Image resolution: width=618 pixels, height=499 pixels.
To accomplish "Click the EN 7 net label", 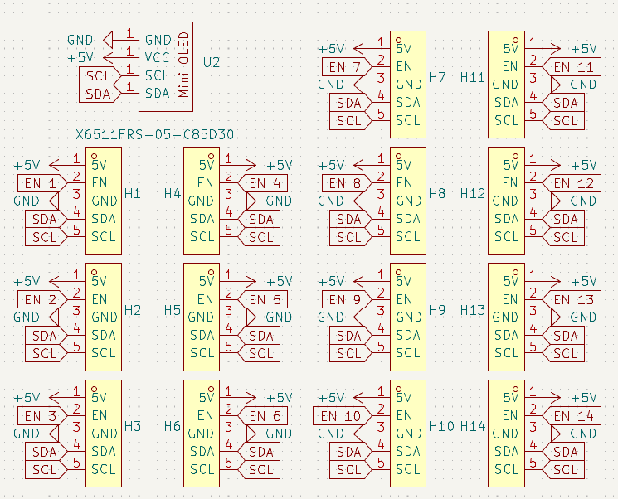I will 345,66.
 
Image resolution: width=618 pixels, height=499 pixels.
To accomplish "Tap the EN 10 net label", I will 341,415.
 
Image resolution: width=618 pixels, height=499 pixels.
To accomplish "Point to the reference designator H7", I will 438,78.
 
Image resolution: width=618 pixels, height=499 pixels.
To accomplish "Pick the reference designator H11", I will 472,78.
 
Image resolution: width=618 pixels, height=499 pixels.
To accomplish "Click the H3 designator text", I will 133,426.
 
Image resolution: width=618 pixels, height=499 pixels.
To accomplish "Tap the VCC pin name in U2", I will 157,57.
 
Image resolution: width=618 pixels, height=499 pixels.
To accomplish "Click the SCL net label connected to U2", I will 99,75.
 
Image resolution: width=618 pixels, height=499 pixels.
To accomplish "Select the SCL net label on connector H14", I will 565,469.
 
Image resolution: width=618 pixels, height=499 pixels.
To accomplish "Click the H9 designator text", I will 438,310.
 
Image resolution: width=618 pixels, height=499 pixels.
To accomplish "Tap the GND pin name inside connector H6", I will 201,434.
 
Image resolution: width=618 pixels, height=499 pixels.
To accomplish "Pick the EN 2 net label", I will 41,299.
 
